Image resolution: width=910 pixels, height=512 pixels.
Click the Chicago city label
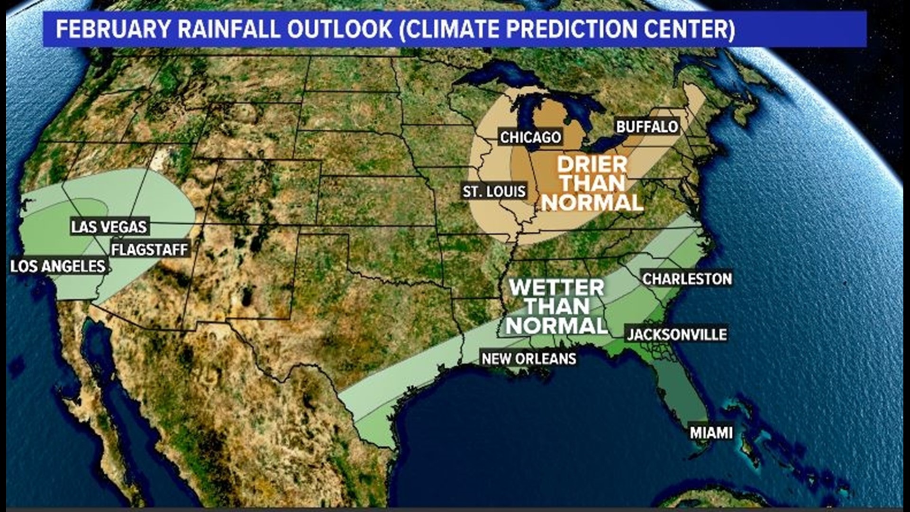pyautogui.click(x=531, y=137)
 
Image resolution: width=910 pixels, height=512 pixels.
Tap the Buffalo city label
pyautogui.click(x=647, y=127)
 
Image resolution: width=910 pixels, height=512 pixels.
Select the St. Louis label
pyautogui.click(x=494, y=192)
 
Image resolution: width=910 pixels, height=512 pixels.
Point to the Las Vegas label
pyautogui.click(x=109, y=227)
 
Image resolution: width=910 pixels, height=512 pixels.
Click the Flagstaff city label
pyautogui.click(x=150, y=249)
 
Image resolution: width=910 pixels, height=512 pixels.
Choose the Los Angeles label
pyautogui.click(x=58, y=266)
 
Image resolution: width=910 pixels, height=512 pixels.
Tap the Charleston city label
pyautogui.click(x=687, y=279)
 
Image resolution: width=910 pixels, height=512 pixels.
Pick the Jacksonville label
pyautogui.click(x=677, y=335)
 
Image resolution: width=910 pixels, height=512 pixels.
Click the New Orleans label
pyautogui.click(x=529, y=358)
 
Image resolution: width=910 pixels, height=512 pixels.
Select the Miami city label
pyautogui.click(x=711, y=432)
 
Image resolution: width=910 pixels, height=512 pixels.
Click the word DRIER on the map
pyautogui.click(x=592, y=165)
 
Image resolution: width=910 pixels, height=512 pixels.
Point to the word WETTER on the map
pyautogui.click(x=557, y=287)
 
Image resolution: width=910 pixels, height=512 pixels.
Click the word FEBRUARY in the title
pyautogui.click(x=113, y=29)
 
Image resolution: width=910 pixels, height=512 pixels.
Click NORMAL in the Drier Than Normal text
pyautogui.click(x=592, y=203)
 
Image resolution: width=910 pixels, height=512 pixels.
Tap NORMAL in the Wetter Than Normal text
pyautogui.click(x=557, y=326)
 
